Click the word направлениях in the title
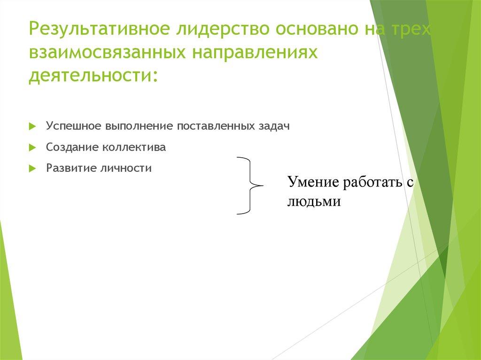(254, 54)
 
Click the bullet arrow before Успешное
(31, 127)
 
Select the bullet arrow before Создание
(31, 147)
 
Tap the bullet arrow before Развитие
(31, 168)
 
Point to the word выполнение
(133, 127)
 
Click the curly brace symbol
(249, 186)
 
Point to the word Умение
(313, 182)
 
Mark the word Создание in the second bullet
(69, 147)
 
